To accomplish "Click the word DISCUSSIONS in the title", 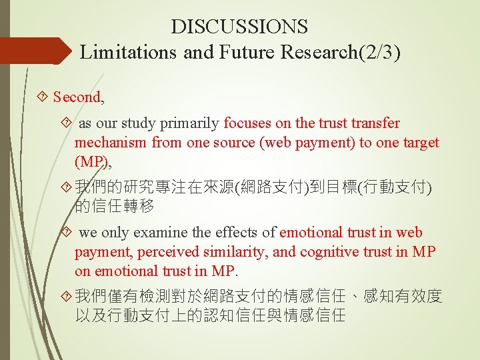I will point(239,27).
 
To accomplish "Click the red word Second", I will point(77,97).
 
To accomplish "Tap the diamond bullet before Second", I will point(43,97).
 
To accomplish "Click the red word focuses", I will point(249,123).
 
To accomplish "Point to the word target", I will point(420,142).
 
